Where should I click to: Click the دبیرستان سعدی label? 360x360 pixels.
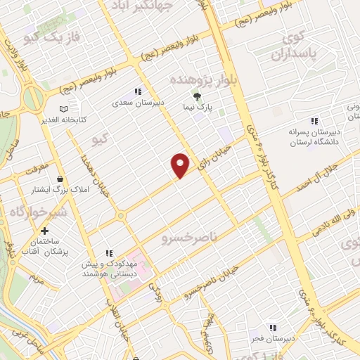tap(141, 103)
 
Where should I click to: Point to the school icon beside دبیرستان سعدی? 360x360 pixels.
tap(138, 91)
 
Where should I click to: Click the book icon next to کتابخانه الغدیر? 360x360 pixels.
tap(64, 109)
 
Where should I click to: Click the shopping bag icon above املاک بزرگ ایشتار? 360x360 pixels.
tap(61, 179)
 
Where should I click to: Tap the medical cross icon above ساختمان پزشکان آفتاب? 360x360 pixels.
tap(45, 231)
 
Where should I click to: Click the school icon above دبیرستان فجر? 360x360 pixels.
tap(272, 328)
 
